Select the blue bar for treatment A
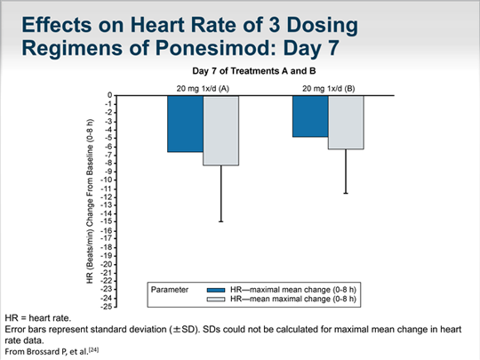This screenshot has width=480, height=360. (186, 124)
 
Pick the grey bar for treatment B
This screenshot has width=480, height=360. (346, 122)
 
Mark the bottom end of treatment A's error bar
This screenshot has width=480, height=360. (221, 221)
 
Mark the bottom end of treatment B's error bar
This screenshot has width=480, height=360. (346, 193)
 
